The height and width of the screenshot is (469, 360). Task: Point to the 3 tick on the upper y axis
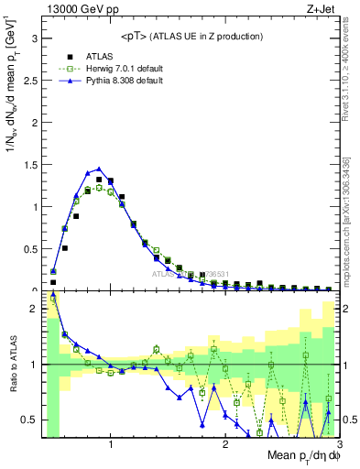[34, 39]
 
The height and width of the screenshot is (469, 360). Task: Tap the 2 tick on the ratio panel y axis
[34, 309]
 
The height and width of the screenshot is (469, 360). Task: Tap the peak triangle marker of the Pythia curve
[99, 169]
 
